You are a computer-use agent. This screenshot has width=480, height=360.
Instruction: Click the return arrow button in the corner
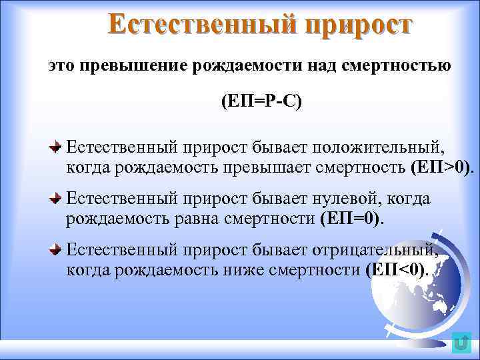coord(460,342)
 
